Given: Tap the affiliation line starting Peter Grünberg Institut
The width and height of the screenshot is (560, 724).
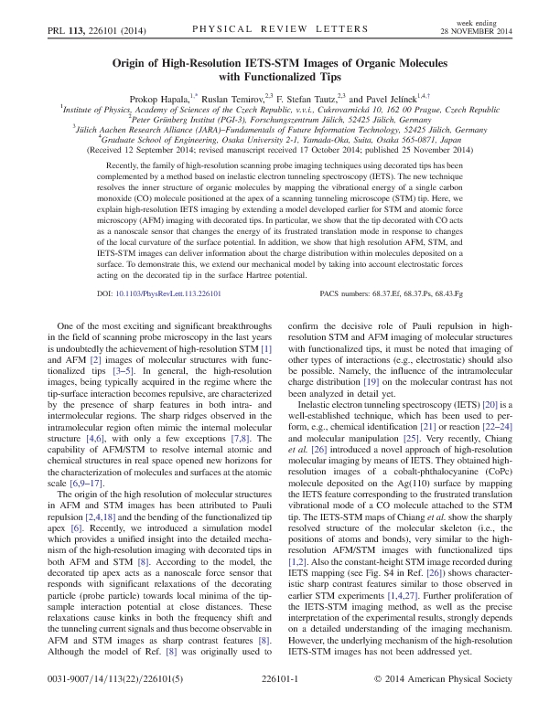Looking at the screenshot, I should pos(279,119).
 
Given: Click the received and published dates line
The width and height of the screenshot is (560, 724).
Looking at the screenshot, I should pos(279,148).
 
